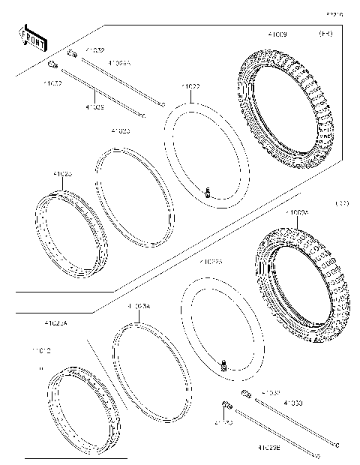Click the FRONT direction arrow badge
31,38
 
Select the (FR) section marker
326,34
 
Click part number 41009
277,34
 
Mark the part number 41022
191,86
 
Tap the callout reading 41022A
211,262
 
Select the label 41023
120,130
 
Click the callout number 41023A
139,307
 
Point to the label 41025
63,174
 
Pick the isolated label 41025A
55,323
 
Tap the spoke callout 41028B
269,448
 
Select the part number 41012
41,350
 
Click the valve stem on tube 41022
209,194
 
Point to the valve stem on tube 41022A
223,365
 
